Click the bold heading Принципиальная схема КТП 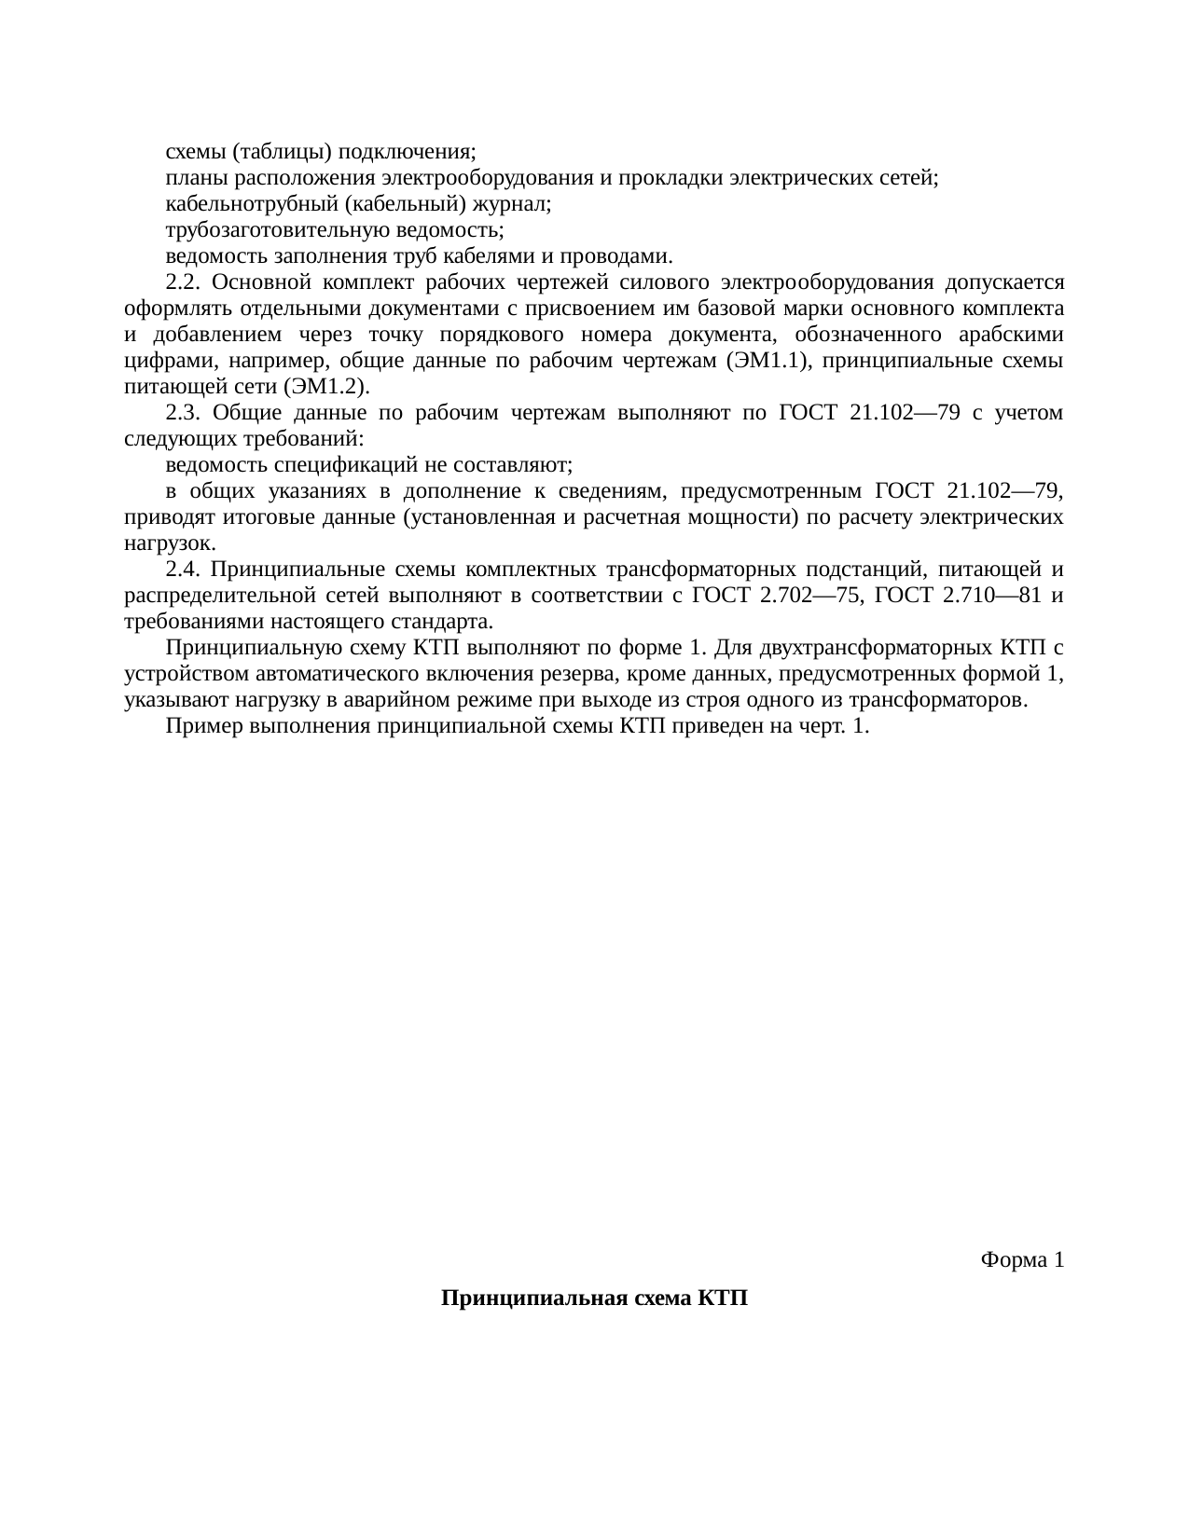point(594,1299)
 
